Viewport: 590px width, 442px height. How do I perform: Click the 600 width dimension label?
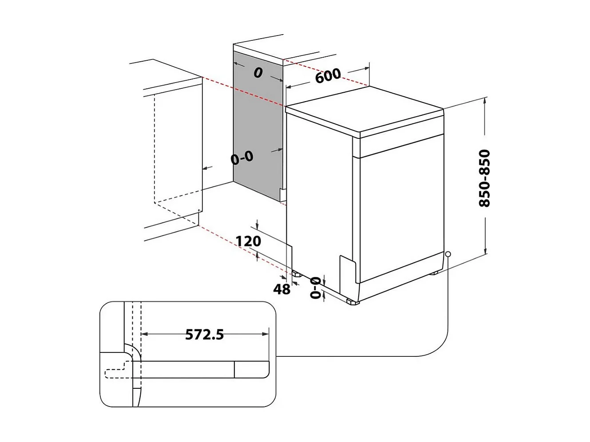pos(328,75)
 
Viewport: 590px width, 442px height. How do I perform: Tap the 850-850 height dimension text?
pos(484,178)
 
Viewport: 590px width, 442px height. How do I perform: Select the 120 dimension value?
pos(248,241)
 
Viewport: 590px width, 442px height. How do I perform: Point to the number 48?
pos(281,289)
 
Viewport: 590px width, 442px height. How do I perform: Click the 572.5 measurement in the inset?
pos(204,334)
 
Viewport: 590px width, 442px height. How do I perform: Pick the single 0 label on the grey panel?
pos(258,72)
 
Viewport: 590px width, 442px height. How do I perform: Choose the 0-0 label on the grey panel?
pos(242,157)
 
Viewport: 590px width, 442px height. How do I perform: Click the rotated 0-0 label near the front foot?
pos(315,287)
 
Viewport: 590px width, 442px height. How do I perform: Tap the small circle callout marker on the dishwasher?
pos(448,254)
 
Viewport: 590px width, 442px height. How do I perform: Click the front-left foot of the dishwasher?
pos(353,302)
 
